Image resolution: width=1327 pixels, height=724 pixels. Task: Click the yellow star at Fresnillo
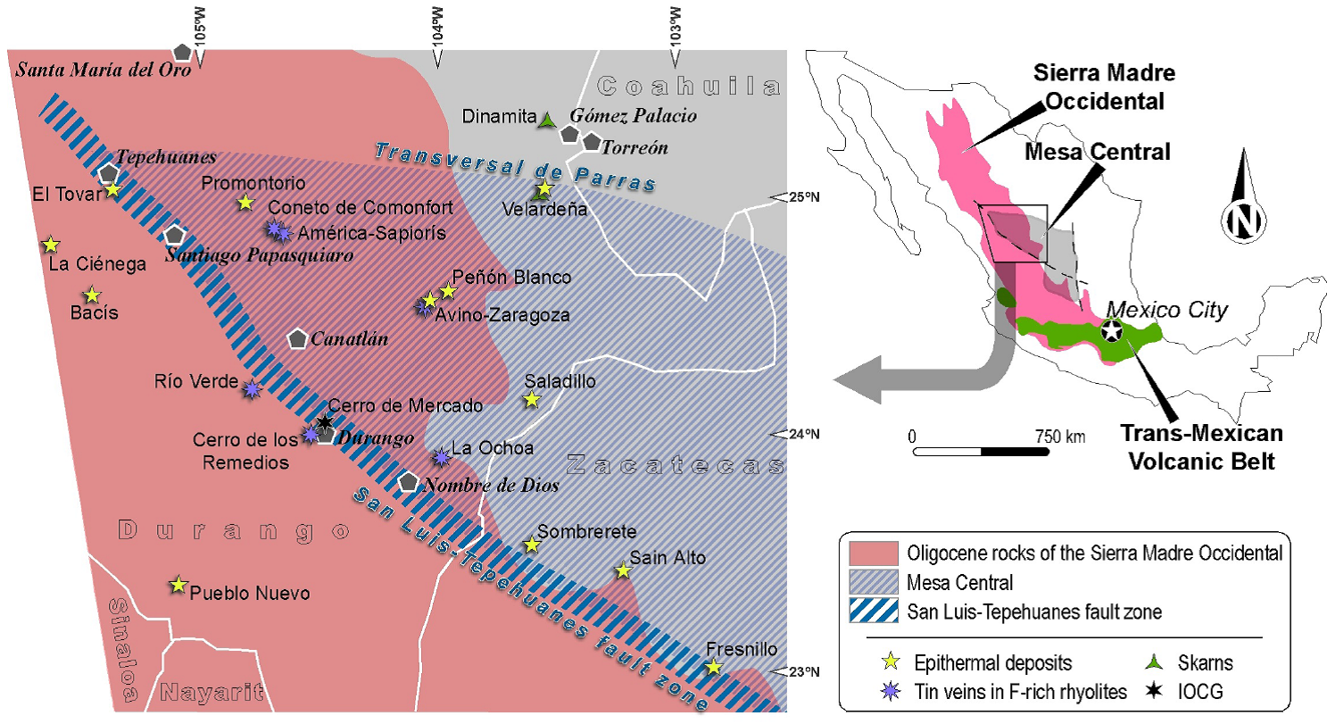click(x=713, y=667)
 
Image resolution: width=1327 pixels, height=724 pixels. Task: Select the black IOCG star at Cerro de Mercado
click(x=325, y=420)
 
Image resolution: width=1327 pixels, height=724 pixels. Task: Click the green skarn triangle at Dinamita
click(x=548, y=118)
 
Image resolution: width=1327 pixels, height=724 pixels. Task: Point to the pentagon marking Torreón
click(x=591, y=141)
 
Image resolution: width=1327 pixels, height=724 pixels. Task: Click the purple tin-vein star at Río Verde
click(x=253, y=388)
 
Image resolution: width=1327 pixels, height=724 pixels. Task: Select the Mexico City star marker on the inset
click(x=1112, y=330)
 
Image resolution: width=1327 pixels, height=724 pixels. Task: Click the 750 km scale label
click(x=1059, y=437)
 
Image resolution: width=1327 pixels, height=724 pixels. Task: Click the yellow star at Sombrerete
click(x=532, y=543)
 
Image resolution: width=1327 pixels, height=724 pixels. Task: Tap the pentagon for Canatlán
click(x=298, y=339)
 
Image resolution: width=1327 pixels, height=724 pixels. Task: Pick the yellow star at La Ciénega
click(x=51, y=244)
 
